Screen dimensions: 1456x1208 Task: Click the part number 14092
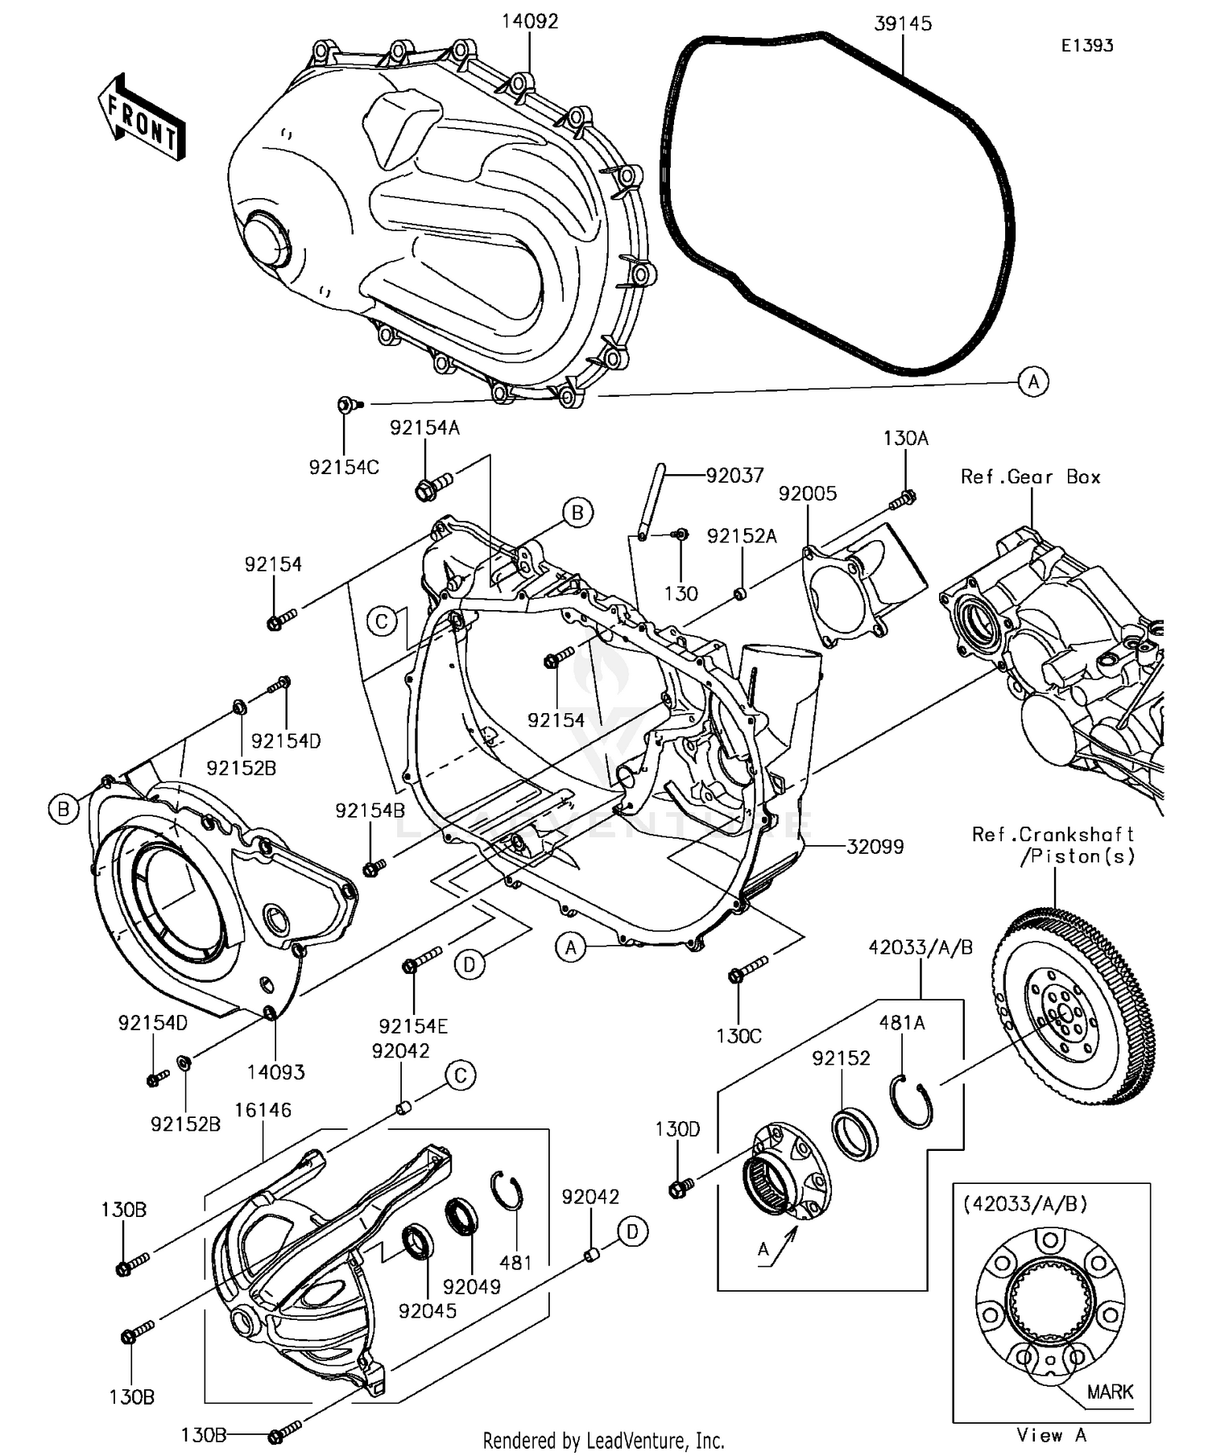529,22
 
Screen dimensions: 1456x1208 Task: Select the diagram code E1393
1086,46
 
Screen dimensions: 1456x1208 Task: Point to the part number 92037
734,476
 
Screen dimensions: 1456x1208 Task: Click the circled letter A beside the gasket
1033,381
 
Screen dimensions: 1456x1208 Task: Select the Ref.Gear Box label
1030,476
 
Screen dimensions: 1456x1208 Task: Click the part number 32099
875,846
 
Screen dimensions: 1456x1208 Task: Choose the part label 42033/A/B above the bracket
920,948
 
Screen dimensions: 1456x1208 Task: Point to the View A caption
1051,1434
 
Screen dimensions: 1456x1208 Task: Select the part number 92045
427,1310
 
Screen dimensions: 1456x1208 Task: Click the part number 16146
263,1110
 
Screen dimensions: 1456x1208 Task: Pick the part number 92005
807,493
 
